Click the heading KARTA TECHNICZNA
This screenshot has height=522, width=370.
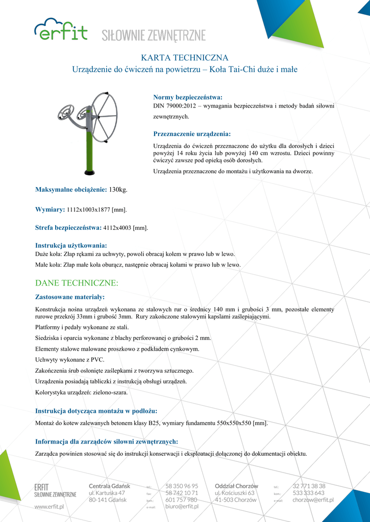(184, 58)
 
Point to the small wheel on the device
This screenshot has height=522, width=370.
(67, 113)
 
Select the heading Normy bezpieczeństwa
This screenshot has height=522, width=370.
(188, 97)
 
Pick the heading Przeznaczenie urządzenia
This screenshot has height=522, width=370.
(192, 134)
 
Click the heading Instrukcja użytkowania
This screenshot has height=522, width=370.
(70, 245)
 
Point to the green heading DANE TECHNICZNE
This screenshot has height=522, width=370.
(77, 282)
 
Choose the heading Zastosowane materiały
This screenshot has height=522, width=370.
(69, 297)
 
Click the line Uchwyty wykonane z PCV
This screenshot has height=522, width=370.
(69, 360)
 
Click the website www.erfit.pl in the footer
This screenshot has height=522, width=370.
(49, 507)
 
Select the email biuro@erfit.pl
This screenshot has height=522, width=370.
(182, 507)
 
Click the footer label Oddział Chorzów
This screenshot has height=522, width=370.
(236, 486)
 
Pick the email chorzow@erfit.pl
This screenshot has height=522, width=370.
(313, 500)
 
